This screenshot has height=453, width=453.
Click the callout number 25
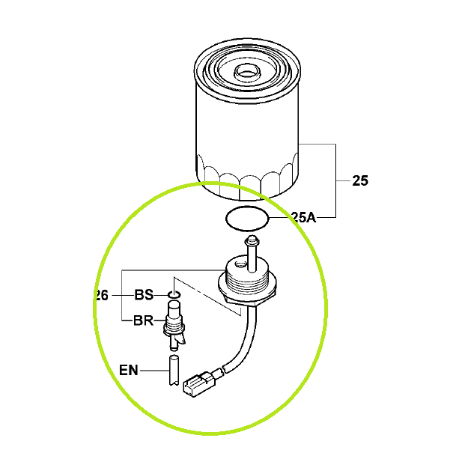pyautogui.click(x=359, y=180)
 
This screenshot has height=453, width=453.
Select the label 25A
pyautogui.click(x=303, y=218)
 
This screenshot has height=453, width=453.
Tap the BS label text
pyautogui.click(x=144, y=295)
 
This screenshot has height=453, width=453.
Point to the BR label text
pyautogui.click(x=143, y=321)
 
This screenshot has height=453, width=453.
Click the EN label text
pyautogui.click(x=130, y=369)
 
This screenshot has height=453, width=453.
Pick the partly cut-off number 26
pyautogui.click(x=103, y=295)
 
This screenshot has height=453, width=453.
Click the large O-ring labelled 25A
pyautogui.click(x=247, y=219)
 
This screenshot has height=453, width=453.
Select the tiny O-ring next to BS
pyautogui.click(x=174, y=295)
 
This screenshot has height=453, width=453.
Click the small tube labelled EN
pyautogui.click(x=174, y=369)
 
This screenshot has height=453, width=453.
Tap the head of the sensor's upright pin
pyautogui.click(x=252, y=240)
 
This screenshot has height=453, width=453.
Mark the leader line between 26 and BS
pyautogui.click(x=122, y=295)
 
